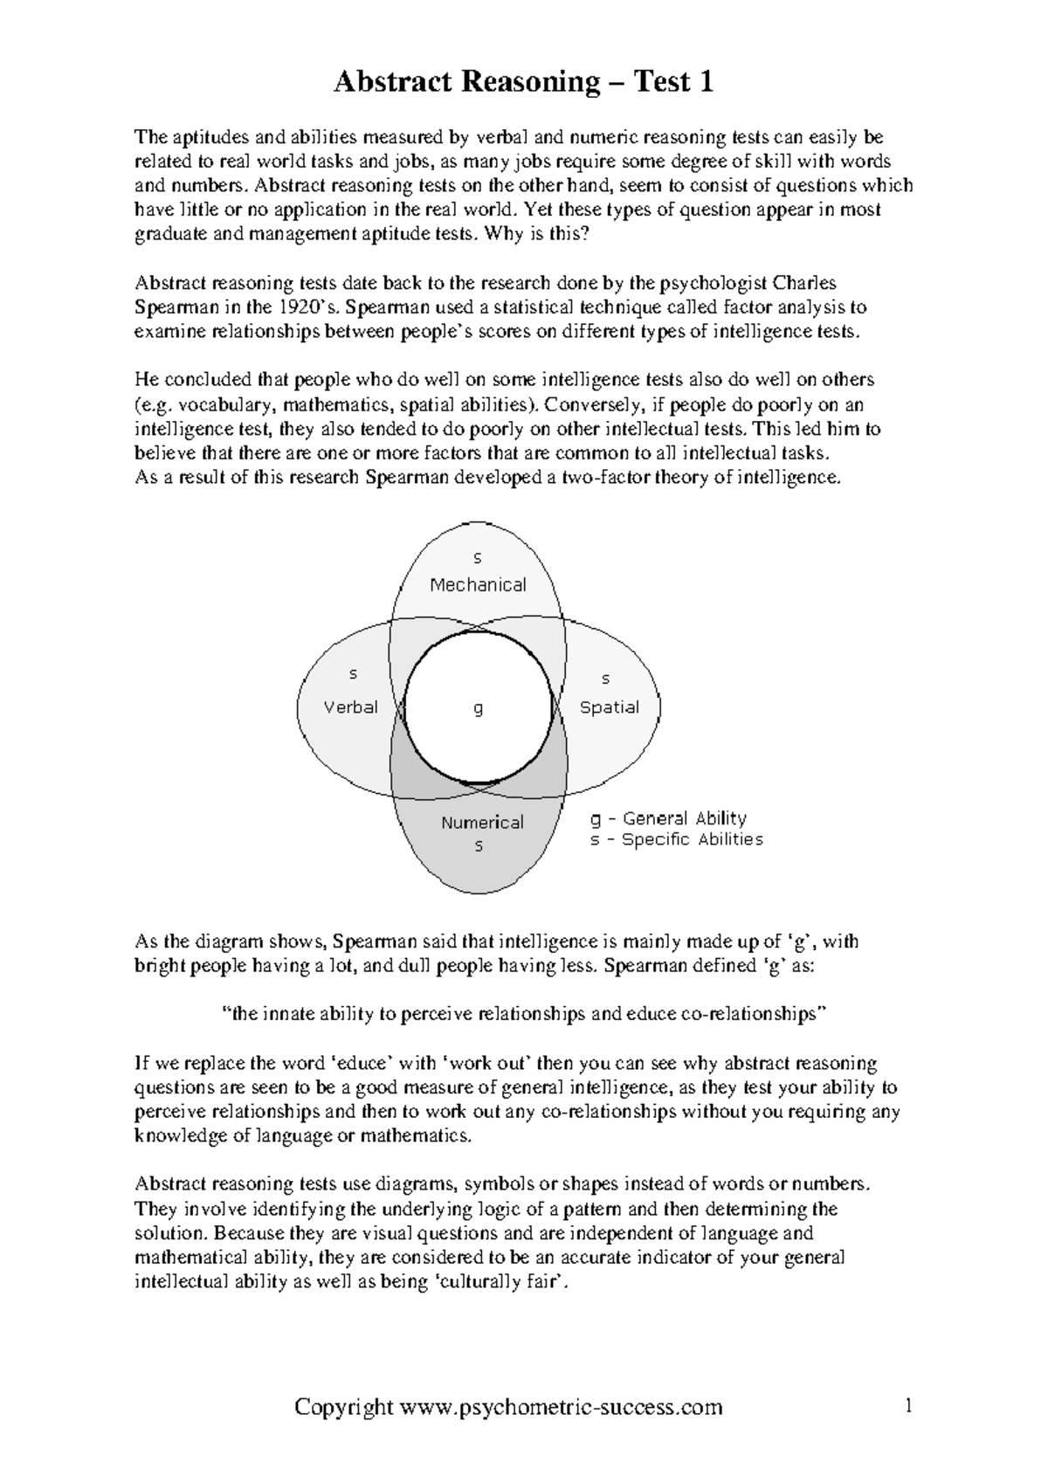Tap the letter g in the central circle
click(478, 709)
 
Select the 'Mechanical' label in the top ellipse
click(478, 585)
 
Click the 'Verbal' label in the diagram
click(351, 707)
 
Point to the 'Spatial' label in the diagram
click(609, 707)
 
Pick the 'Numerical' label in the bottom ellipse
click(482, 823)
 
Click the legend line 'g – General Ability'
click(668, 818)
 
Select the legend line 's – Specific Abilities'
click(676, 839)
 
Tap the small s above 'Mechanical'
click(478, 558)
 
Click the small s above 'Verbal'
click(353, 674)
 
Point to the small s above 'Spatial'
click(606, 679)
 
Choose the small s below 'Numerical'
click(479, 846)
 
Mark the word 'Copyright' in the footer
click(344, 1407)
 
